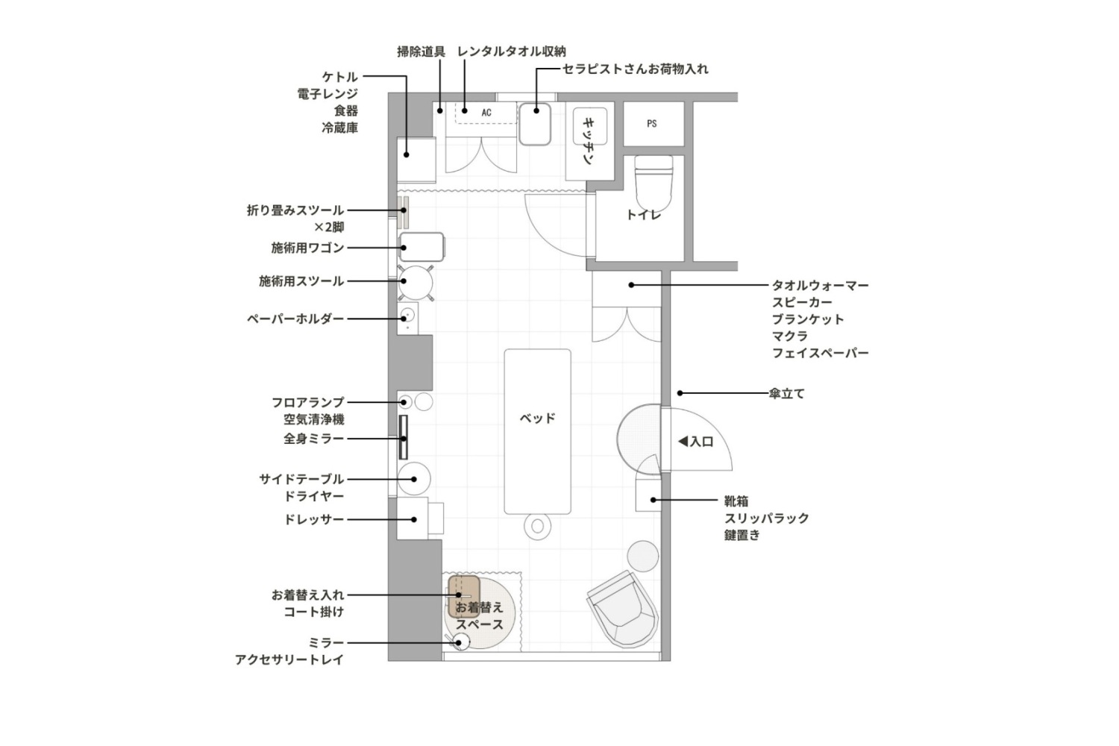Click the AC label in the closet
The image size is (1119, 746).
click(x=486, y=113)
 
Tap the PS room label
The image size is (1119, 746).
click(x=651, y=123)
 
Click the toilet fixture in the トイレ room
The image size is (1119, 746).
click(x=653, y=182)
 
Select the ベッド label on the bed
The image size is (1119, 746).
click(x=538, y=418)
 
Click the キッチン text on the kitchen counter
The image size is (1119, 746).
click(x=589, y=142)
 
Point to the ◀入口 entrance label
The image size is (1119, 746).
click(x=695, y=441)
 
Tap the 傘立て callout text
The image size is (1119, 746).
click(x=787, y=394)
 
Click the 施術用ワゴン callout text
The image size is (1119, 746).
click(x=307, y=248)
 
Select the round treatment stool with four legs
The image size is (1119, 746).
click(x=415, y=283)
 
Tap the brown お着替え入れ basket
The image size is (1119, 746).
click(x=464, y=596)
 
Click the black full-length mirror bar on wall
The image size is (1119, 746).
click(x=403, y=436)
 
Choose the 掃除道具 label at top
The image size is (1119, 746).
click(x=421, y=51)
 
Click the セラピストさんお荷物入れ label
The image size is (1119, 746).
click(x=636, y=69)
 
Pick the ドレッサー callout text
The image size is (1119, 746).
click(x=314, y=520)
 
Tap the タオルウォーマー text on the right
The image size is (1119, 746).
click(x=821, y=285)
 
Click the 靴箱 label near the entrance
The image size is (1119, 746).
click(x=736, y=501)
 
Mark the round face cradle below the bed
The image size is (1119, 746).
click(x=538, y=526)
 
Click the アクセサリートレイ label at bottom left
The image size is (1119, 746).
click(x=289, y=659)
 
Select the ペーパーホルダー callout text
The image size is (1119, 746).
click(x=295, y=319)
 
